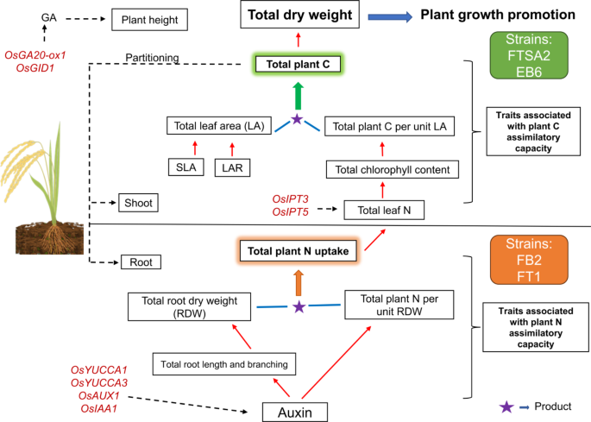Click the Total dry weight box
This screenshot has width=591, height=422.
(297, 15)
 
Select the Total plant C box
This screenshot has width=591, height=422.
(297, 64)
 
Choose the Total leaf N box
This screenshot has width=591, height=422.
(384, 208)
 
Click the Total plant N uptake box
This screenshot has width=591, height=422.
(297, 253)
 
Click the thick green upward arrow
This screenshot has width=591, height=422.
(297, 95)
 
